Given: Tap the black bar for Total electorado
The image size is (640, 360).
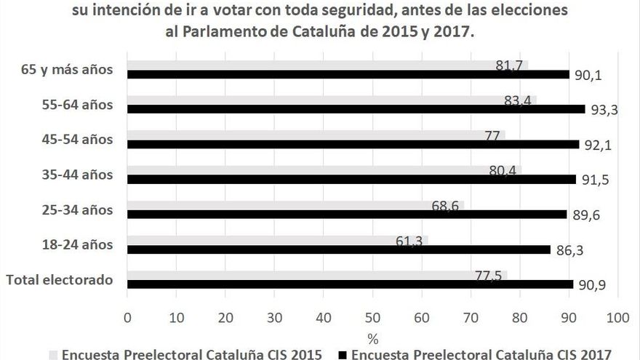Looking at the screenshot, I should click(350, 284).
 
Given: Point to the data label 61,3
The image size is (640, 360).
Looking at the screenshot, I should click(409, 241).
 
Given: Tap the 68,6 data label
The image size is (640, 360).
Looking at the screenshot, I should click(444, 206).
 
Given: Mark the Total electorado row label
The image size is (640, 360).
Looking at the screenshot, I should click(60, 279).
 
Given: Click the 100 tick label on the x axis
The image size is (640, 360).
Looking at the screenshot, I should click(617, 317).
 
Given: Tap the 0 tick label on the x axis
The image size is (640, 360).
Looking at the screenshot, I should click(127, 317).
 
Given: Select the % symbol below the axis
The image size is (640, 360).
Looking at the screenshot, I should click(372, 337).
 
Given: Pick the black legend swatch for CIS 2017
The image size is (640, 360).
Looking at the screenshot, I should click(342, 354).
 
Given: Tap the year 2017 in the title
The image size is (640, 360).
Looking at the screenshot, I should click(457, 33).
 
